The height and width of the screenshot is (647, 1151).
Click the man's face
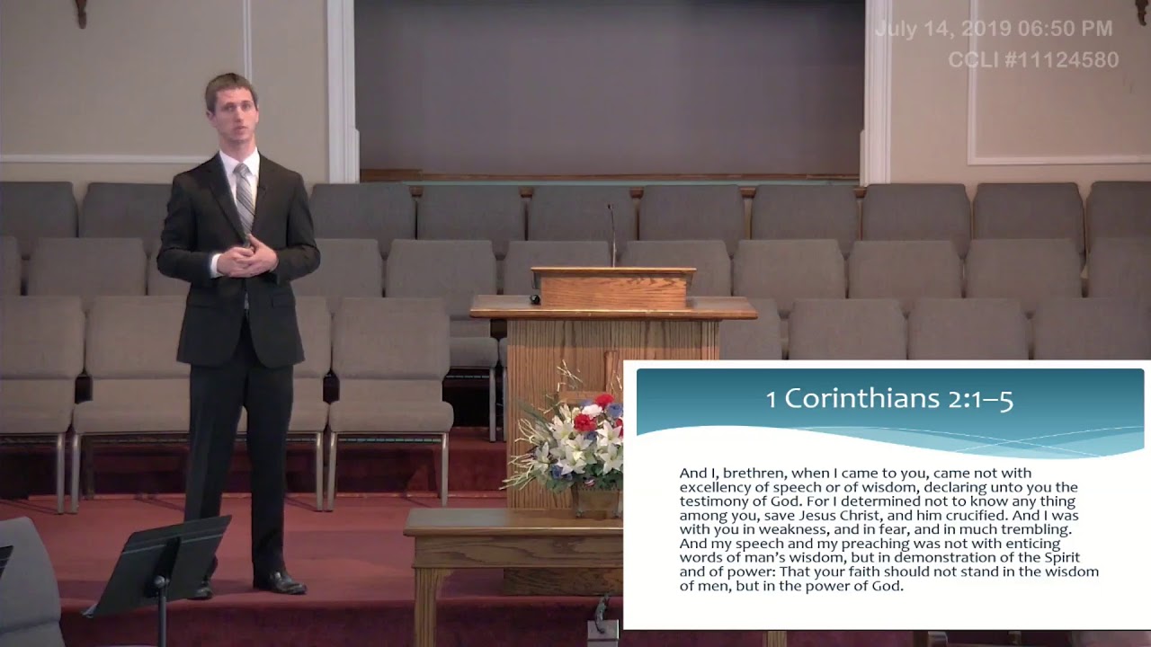point(231,111)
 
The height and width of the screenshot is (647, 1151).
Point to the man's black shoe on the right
point(281,582)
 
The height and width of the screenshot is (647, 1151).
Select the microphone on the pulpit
point(611,235)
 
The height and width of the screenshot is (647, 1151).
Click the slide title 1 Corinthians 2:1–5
point(889,399)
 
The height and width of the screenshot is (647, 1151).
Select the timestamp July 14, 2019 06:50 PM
point(994,29)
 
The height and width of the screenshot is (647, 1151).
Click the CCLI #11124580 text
point(1033,60)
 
